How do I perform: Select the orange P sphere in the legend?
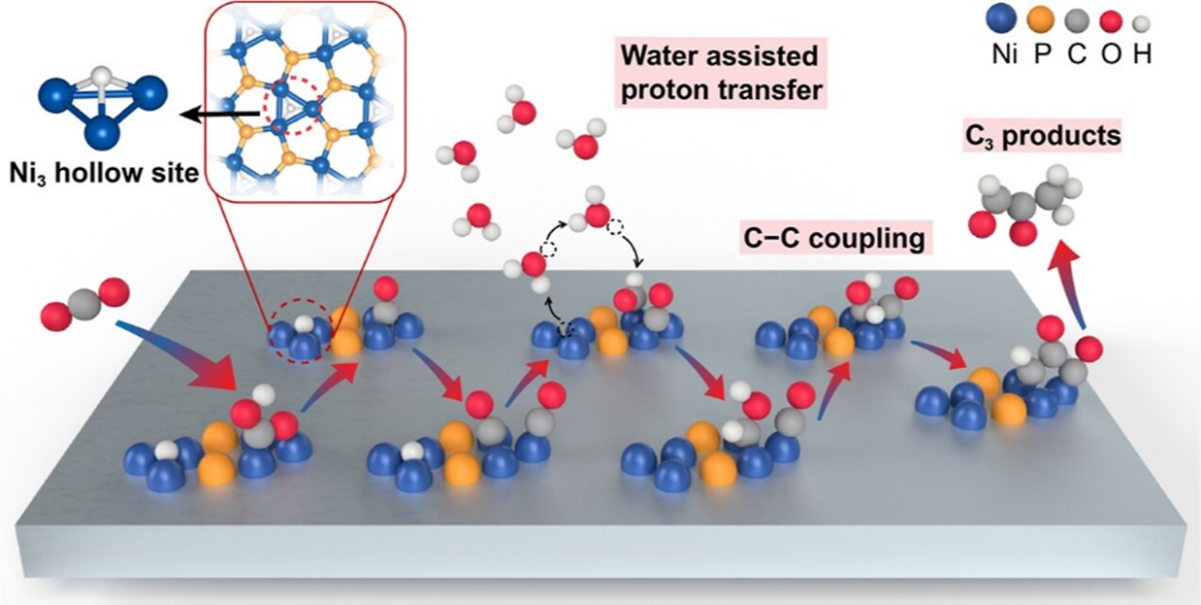(x=1040, y=19)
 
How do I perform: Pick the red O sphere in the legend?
(x=1110, y=22)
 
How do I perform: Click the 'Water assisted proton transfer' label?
(x=721, y=73)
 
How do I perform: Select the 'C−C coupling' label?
(x=835, y=237)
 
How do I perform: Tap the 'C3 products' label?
(x=1043, y=136)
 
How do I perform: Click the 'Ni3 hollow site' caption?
(x=104, y=173)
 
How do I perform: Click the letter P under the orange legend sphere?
(x=1042, y=54)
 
